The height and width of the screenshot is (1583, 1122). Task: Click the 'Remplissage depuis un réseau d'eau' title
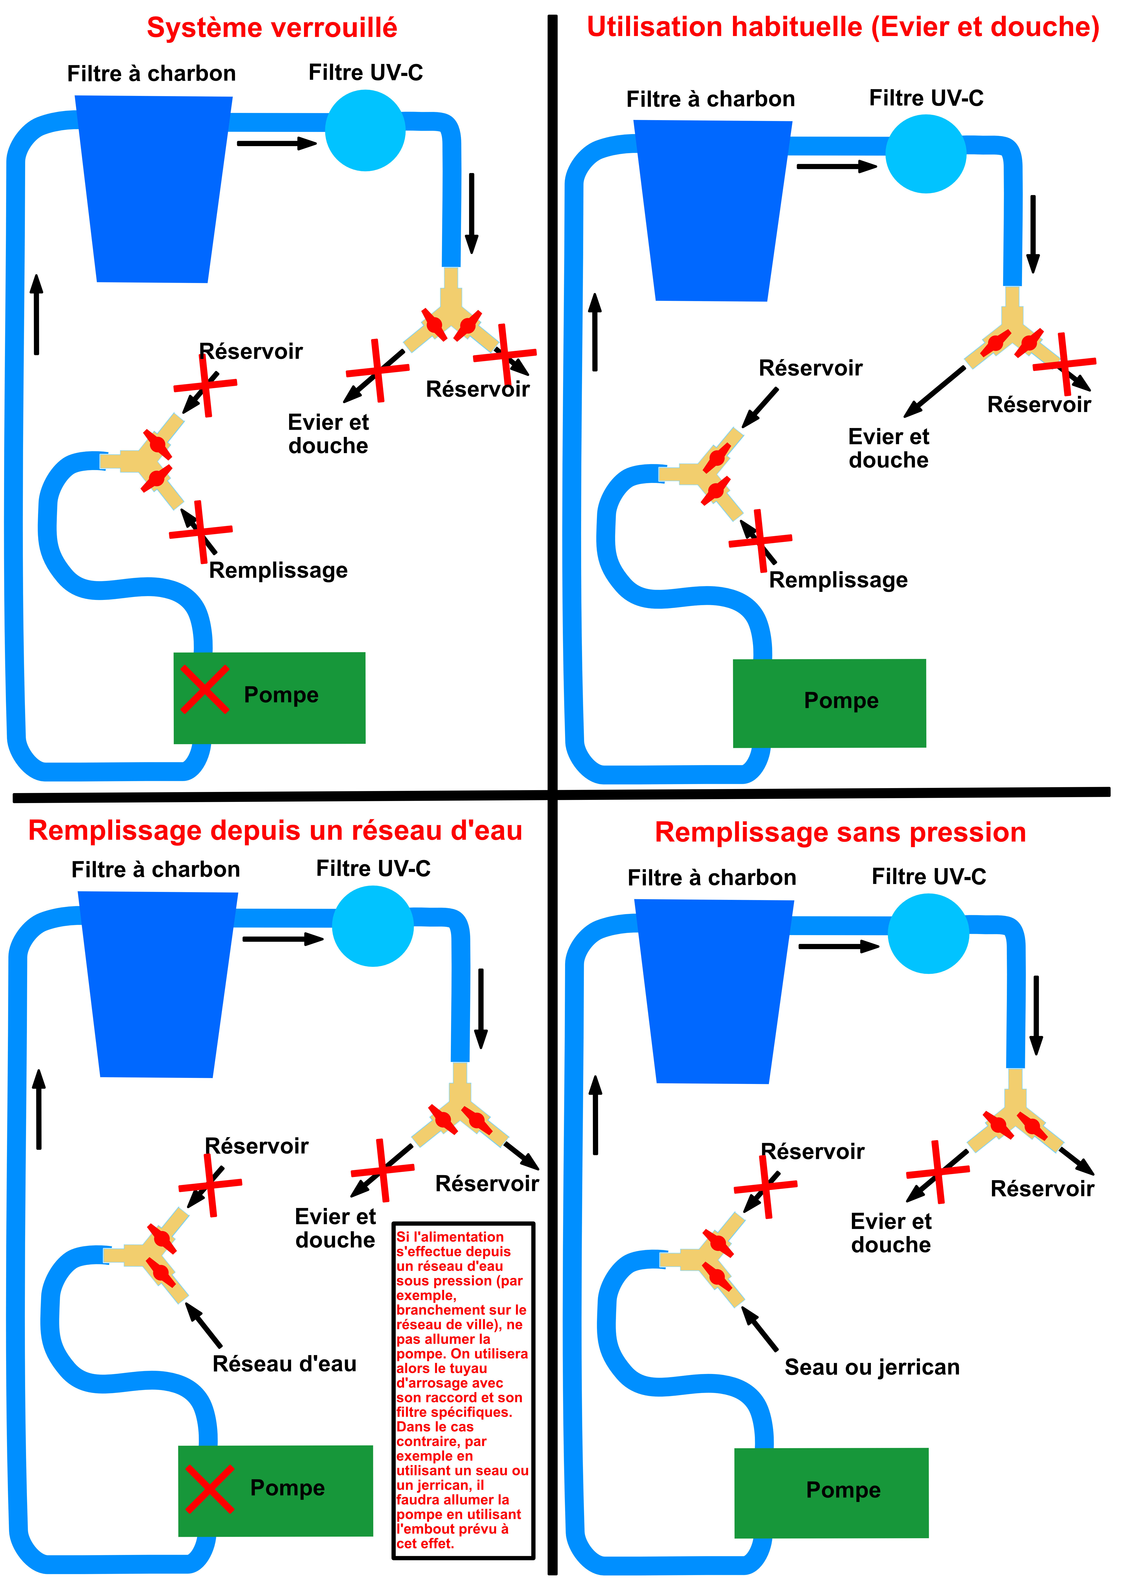point(275,831)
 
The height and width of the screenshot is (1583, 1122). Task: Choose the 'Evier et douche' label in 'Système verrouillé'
point(328,434)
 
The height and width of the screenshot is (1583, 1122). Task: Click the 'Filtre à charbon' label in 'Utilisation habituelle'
point(710,99)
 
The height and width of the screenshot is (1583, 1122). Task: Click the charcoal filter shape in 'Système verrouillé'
point(153,188)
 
